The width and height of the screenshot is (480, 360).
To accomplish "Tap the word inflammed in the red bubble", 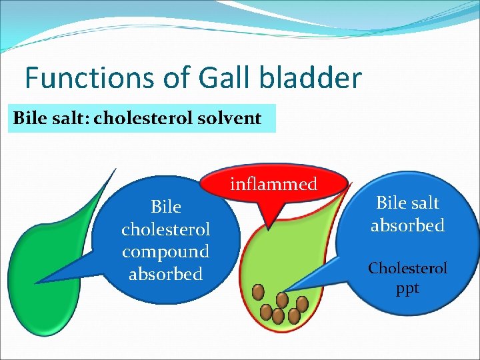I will [273, 184].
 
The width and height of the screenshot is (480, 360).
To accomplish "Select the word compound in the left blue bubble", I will [165, 252].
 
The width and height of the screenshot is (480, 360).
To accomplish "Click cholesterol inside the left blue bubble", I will [165, 229].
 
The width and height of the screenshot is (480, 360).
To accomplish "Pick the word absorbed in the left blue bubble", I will [165, 274].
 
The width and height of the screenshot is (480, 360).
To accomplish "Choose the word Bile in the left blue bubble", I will [165, 207].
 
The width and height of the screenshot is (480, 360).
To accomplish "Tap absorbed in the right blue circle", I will [407, 225].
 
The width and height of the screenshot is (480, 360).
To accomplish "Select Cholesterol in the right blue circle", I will [407, 268].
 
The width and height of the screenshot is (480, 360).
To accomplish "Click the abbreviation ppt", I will [407, 290].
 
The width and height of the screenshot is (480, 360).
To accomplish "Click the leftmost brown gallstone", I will [258, 291].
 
